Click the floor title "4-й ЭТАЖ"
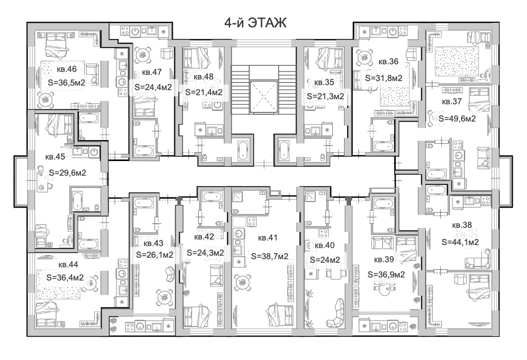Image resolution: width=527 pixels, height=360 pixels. point(255,23)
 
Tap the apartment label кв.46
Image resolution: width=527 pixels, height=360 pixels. point(66,69)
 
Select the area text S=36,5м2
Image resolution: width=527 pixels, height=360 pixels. point(66,82)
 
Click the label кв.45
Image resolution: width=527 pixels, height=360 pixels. point(55,157)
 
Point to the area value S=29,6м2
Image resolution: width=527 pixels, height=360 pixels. point(67,173)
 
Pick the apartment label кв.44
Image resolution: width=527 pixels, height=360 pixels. point(68,265)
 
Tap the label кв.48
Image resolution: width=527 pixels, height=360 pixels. point(204,76)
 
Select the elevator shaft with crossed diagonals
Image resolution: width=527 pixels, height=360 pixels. point(264,97)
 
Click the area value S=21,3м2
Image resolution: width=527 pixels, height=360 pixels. point(325,96)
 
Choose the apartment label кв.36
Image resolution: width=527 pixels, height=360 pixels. point(389,62)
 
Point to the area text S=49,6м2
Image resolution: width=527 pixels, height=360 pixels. point(457,118)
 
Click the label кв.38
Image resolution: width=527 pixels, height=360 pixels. point(462,225)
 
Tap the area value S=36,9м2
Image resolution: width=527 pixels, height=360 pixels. point(386,275)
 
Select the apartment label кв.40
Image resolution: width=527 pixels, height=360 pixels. point(325,246)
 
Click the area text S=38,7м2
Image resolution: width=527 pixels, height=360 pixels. point(270,256)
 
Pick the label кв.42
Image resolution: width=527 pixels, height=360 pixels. point(204,237)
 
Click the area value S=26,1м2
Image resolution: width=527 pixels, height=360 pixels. point(155,255)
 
